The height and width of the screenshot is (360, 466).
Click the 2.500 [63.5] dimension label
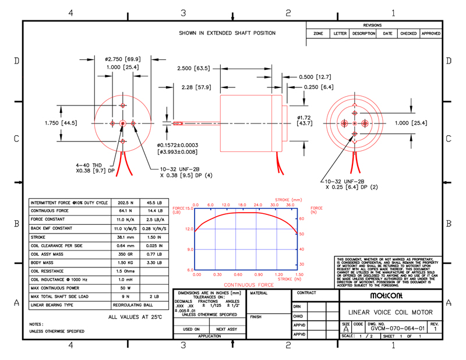pos(193,68)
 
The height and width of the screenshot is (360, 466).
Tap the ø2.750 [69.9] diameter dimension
pos(122,59)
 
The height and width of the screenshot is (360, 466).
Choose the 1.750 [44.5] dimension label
pos(61,123)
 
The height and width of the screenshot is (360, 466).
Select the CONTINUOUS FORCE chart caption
pos(249,285)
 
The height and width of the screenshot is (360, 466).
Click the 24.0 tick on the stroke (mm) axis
pos(258,205)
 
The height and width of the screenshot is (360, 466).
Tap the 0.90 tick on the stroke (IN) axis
pos(258,274)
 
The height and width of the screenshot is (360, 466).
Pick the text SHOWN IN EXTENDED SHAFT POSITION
pos(227,33)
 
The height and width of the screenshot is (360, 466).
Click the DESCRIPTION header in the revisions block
pos(363,34)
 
